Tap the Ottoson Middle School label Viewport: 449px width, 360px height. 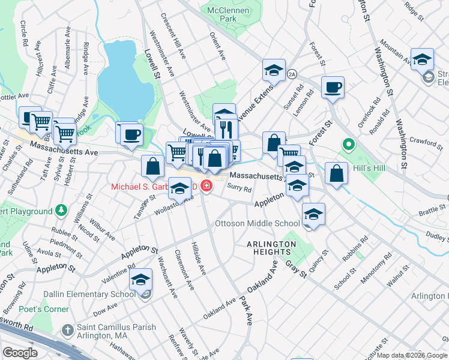(x=257, y=224)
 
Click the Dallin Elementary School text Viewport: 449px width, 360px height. (x=89, y=294)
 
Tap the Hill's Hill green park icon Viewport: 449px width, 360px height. (x=348, y=145)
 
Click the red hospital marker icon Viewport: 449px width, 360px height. (x=206, y=187)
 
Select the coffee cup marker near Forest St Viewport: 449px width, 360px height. (x=333, y=88)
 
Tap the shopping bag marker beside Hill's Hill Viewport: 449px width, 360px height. (x=337, y=173)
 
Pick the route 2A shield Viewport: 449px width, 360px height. (x=292, y=74)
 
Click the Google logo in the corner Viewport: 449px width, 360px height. (x=20, y=353)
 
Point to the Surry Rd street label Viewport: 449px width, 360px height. (x=239, y=188)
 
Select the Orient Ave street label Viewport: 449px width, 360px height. (x=217, y=47)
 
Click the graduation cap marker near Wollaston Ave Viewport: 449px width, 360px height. (x=179, y=189)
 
